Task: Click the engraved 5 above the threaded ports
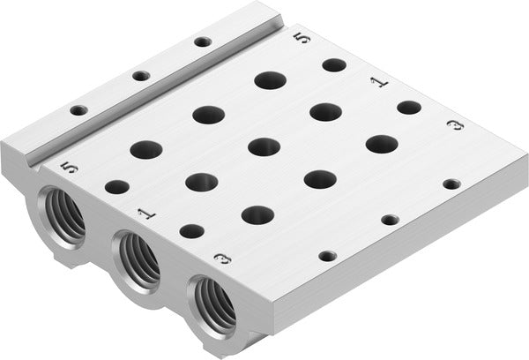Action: click(x=71, y=167)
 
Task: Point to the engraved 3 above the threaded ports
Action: click(x=222, y=259)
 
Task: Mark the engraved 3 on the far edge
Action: click(x=455, y=129)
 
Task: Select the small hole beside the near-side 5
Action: click(x=117, y=187)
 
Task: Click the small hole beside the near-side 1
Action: click(x=191, y=231)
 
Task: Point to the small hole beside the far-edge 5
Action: click(x=333, y=64)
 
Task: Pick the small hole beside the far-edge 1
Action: click(x=408, y=107)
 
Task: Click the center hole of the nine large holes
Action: click(x=264, y=146)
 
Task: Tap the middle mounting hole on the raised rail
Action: click(x=141, y=76)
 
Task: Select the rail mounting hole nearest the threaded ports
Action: click(x=79, y=110)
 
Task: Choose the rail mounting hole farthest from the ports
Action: click(x=203, y=41)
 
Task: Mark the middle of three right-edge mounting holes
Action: click(x=389, y=219)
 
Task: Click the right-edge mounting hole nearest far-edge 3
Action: click(x=451, y=184)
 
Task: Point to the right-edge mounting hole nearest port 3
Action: click(x=327, y=256)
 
